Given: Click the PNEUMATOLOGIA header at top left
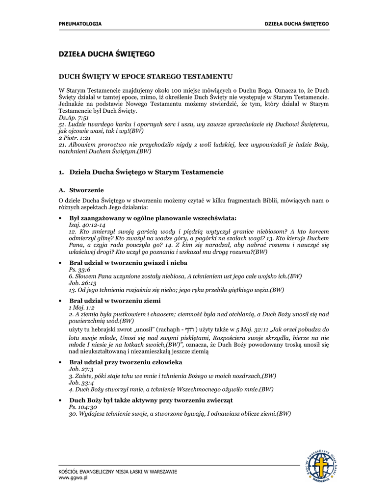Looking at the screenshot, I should click(80, 24).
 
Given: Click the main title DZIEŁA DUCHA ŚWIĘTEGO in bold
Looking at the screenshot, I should click(106, 54).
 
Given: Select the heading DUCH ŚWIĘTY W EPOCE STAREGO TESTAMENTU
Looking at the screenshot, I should click(145, 77).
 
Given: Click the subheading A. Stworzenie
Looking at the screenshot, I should click(81, 190).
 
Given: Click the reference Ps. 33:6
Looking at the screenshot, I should click(79, 270).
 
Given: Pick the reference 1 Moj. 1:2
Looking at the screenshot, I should click(81, 307).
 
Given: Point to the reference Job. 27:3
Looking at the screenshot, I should click(81, 369).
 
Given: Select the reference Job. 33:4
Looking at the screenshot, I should click(81, 382).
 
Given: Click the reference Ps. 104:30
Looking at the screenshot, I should click(83, 407).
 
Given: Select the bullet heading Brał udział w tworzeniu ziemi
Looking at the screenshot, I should click(115, 301).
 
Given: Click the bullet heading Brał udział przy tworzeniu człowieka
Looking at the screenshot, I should click(126, 362).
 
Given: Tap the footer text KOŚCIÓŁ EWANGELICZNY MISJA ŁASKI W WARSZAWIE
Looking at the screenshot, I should click(118, 472).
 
